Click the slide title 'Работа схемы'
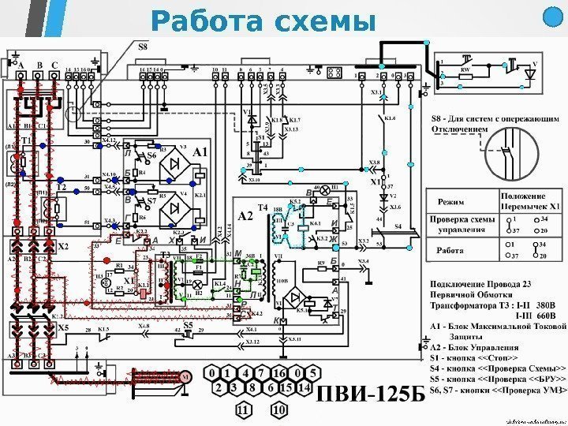pyautogui.click(x=262, y=21)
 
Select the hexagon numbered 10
pyautogui.click(x=278, y=411)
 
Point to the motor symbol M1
pyautogui.click(x=186, y=378)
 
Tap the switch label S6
pyautogui.click(x=152, y=156)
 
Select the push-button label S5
pyautogui.click(x=187, y=325)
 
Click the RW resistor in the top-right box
pyautogui.click(x=465, y=70)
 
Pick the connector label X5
pyautogui.click(x=62, y=326)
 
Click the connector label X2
pyautogui.click(x=62, y=246)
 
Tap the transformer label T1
pyautogui.click(x=24, y=140)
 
